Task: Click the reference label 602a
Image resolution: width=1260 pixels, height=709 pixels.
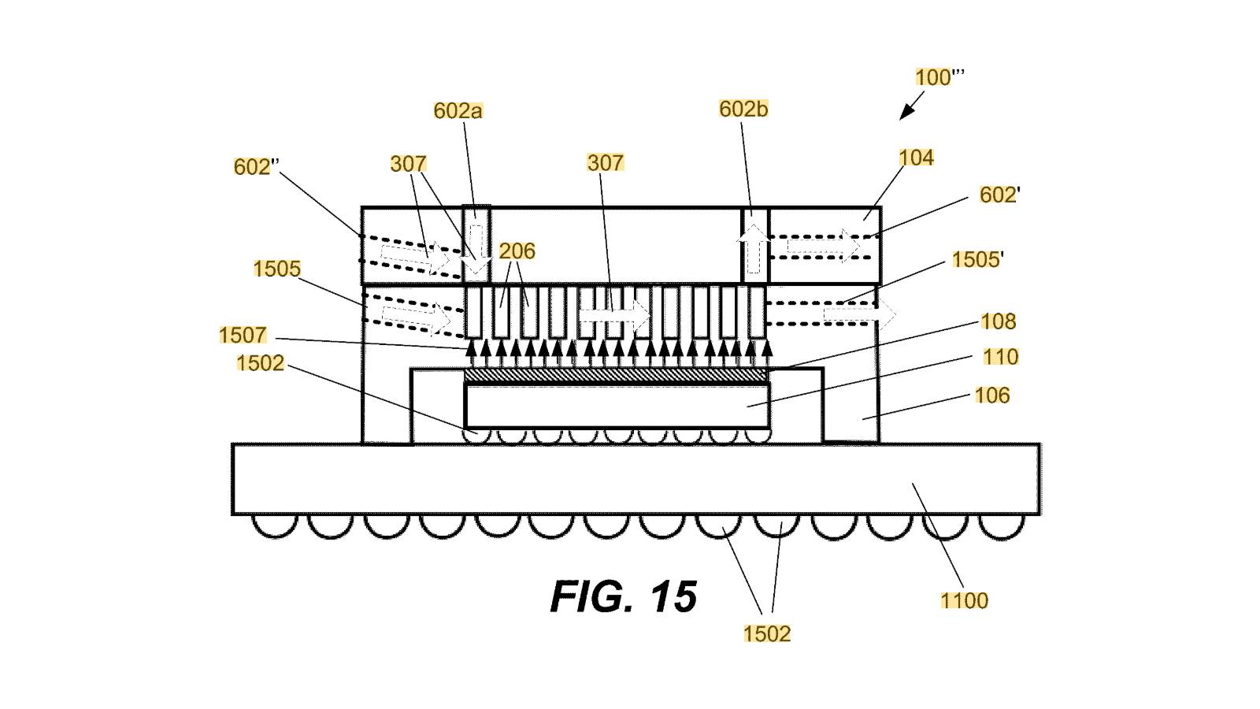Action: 458,111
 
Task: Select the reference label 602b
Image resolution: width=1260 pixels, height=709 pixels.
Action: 743,110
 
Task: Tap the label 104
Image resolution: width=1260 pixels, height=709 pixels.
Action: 916,158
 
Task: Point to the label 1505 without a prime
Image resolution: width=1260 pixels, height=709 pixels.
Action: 276,269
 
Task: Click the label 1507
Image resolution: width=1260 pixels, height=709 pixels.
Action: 243,336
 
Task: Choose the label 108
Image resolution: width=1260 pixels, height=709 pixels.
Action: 998,321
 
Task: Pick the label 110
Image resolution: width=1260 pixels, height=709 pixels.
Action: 1000,358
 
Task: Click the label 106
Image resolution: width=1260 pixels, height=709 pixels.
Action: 991,395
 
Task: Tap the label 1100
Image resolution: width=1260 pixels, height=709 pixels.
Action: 964,601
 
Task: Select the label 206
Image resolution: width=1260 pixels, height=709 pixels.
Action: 517,251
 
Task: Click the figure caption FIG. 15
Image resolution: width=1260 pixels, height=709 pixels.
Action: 623,596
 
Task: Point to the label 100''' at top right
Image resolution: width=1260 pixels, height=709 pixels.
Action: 939,77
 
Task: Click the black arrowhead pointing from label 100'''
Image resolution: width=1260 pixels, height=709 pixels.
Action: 906,113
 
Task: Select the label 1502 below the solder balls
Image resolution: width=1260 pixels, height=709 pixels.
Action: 766,634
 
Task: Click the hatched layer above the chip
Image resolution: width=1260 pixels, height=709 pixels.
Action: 615,376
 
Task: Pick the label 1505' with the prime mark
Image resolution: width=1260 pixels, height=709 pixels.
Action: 976,260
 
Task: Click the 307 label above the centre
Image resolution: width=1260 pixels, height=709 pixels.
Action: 605,163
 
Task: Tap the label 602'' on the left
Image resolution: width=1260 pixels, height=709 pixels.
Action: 256,167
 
